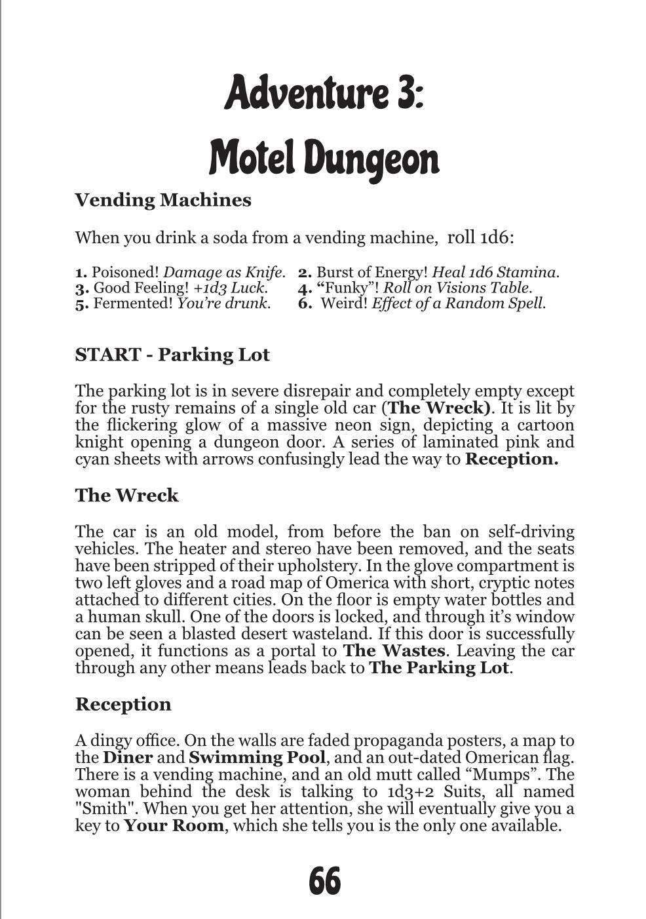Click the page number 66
324,880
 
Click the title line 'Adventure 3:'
324,92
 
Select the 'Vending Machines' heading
163,200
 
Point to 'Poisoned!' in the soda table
126,272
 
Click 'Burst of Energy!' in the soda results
372,272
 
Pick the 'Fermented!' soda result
134,303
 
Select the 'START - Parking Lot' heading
172,355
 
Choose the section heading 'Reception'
123,704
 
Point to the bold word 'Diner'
128,758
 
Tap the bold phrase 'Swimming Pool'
257,758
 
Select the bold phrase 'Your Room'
174,825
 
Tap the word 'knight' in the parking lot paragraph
99,442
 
